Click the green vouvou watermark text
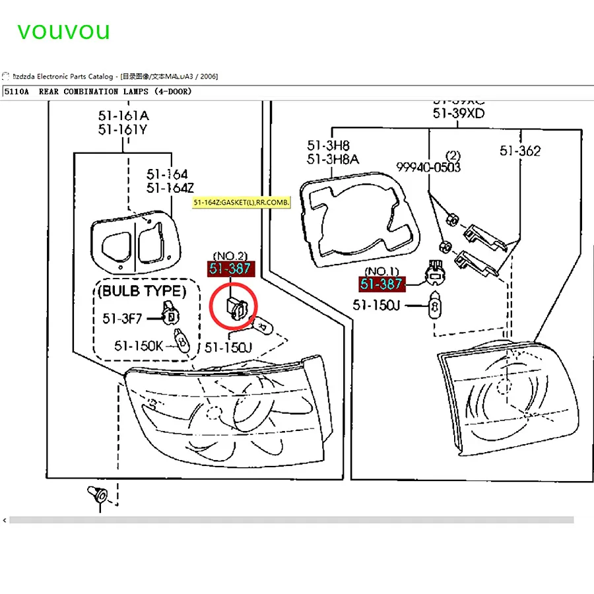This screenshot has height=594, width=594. (63, 30)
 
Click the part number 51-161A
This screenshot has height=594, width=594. (123, 116)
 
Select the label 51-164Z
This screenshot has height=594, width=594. (167, 188)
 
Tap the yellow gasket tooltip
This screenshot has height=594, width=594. (242, 202)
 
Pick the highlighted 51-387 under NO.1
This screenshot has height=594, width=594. (383, 284)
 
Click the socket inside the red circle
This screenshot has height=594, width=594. (235, 308)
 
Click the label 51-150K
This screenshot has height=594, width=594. (138, 345)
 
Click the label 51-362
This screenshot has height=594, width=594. (520, 151)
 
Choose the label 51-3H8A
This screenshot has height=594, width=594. (333, 158)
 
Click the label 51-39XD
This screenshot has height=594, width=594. (459, 114)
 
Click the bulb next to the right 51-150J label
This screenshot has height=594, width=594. (434, 308)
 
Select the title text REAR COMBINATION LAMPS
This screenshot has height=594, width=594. (115, 92)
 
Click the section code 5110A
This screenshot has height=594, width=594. (17, 92)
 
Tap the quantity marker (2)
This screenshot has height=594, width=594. (453, 156)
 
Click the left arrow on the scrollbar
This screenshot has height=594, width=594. (5, 521)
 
